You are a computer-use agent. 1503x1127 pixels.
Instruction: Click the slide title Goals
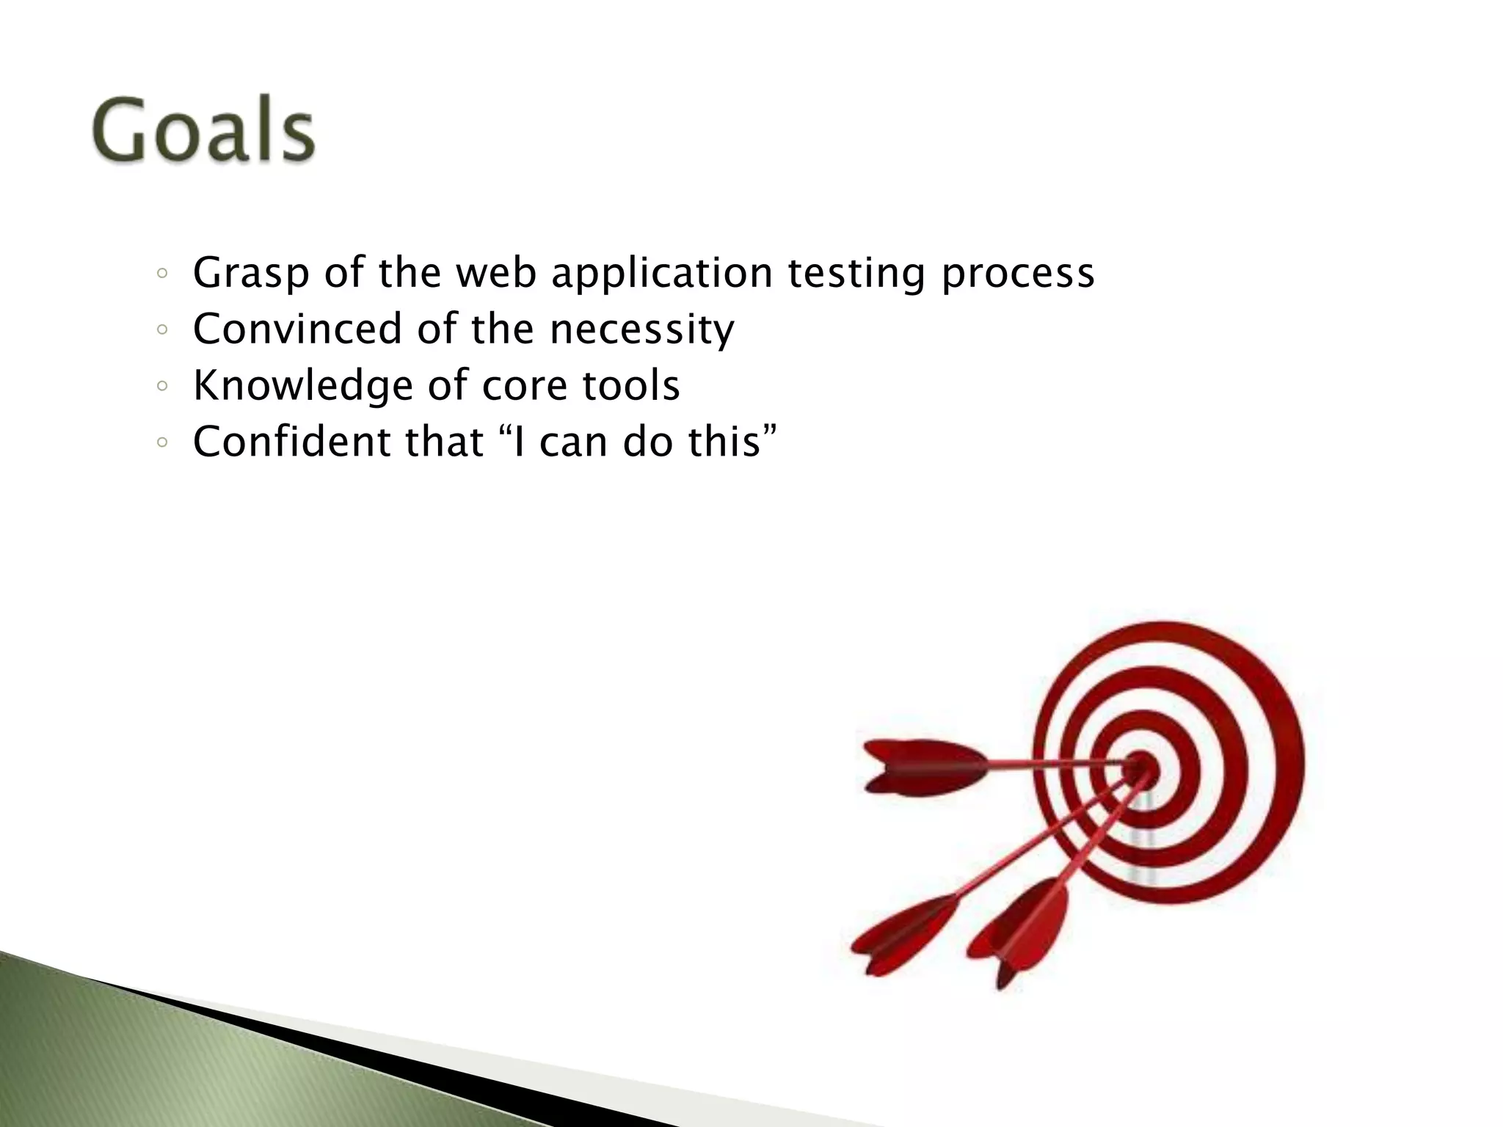click(x=203, y=131)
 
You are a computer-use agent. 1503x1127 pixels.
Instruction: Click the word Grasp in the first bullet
click(x=250, y=274)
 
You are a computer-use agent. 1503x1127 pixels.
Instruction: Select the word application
click(x=661, y=274)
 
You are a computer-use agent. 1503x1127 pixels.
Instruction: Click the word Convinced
click(x=297, y=329)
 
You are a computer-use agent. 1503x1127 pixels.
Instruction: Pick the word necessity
click(x=641, y=329)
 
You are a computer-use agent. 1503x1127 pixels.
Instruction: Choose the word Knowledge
click(x=303, y=385)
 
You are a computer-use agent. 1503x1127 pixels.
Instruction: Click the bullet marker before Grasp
click(x=163, y=275)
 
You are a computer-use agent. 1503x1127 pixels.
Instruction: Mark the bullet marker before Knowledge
click(x=163, y=387)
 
